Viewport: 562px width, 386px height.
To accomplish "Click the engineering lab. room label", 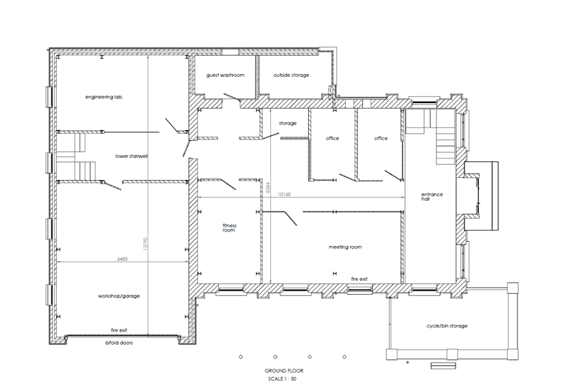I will (x=104, y=97).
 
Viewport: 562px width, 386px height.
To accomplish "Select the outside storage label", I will (x=291, y=75).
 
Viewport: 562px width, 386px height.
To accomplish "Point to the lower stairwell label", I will (x=132, y=156).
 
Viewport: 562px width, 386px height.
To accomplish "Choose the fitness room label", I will (x=229, y=227).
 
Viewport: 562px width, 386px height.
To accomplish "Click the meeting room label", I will (x=345, y=247).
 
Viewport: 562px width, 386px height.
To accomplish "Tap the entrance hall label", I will (x=432, y=197).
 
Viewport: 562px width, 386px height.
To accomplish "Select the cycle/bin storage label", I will (x=447, y=326).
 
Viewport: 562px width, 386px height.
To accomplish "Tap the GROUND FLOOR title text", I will (x=283, y=371).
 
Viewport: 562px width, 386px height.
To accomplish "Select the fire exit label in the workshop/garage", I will (x=121, y=330).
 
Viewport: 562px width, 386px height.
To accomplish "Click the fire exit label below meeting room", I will (x=360, y=279).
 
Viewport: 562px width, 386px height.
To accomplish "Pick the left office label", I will (x=332, y=139).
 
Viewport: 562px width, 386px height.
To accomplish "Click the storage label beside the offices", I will (x=288, y=124).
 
